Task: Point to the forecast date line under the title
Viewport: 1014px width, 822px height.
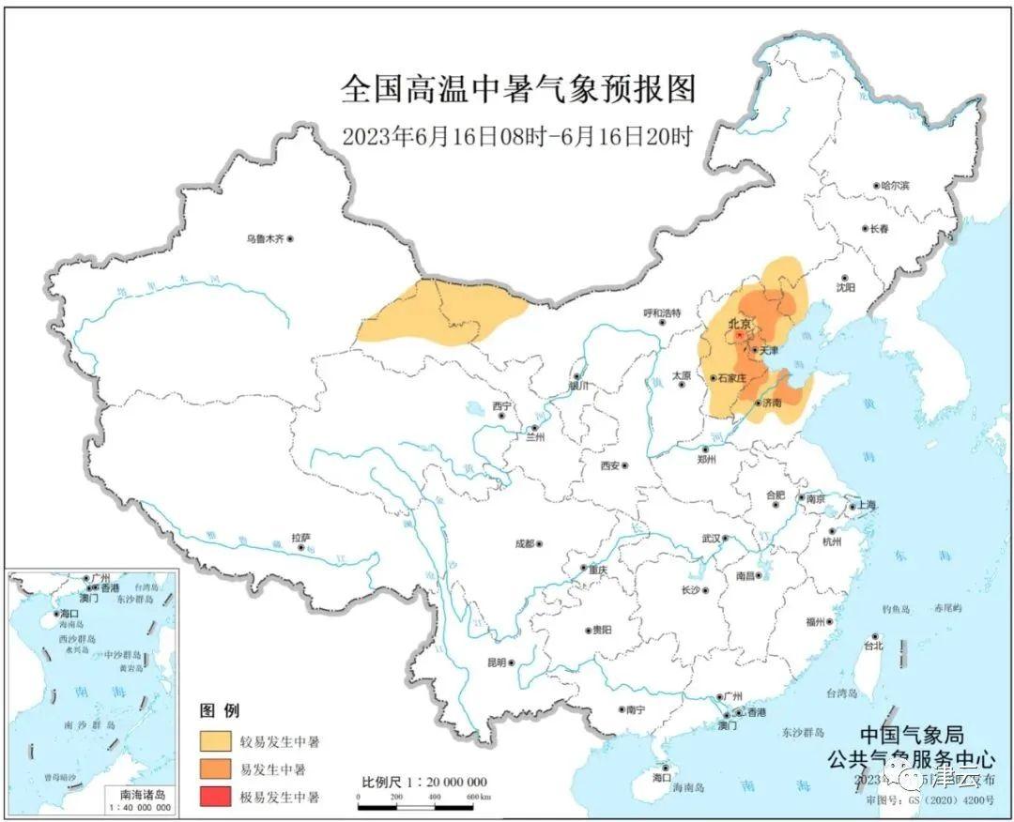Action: click(x=517, y=137)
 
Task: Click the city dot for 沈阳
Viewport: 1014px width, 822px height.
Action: click(x=845, y=279)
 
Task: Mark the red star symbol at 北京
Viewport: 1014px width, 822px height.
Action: click(x=739, y=334)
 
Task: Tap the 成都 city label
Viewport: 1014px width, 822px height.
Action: click(x=523, y=543)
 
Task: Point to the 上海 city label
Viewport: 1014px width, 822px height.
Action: click(x=865, y=506)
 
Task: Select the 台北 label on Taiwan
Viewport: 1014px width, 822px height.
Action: click(x=872, y=647)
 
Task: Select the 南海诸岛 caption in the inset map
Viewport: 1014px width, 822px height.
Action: click(x=140, y=794)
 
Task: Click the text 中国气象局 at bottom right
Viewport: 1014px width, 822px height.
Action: click(x=911, y=736)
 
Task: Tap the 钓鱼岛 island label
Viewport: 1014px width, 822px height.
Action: click(x=896, y=610)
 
